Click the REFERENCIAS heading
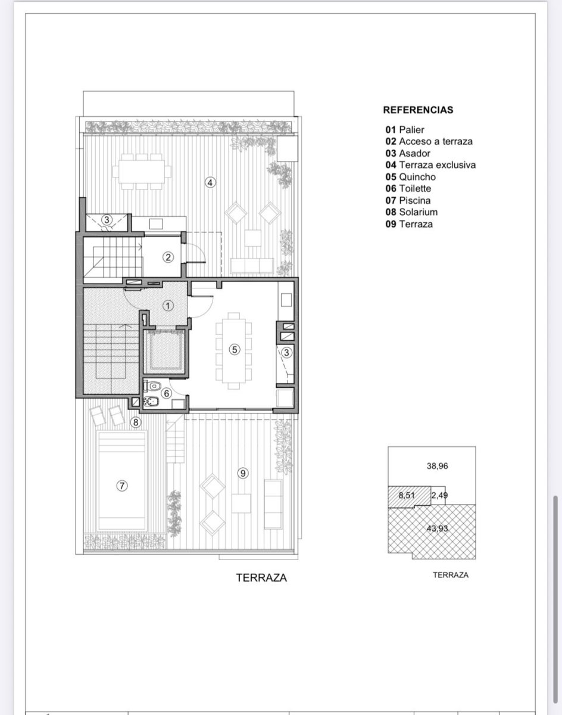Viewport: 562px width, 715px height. (x=418, y=110)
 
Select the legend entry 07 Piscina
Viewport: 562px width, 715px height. (x=408, y=200)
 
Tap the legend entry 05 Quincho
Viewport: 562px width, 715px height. (x=410, y=177)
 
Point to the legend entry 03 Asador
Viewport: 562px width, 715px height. (x=408, y=153)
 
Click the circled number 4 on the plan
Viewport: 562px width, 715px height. (x=210, y=182)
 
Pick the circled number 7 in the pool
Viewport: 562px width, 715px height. (x=122, y=486)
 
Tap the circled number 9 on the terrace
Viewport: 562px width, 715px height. (x=243, y=473)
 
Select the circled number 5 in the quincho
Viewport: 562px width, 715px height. (x=235, y=350)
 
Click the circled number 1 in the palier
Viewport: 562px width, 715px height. (x=168, y=306)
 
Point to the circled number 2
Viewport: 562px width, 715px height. (x=168, y=257)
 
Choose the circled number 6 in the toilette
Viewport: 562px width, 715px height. (x=166, y=393)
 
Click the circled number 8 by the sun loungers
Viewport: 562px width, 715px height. (x=135, y=422)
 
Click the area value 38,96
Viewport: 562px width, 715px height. (x=437, y=466)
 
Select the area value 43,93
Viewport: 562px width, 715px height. (x=437, y=529)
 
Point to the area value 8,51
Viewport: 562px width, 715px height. (x=407, y=495)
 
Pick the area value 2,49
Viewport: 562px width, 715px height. (x=439, y=495)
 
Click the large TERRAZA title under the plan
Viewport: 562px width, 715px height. (x=261, y=577)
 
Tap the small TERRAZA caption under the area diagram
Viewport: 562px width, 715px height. (x=451, y=575)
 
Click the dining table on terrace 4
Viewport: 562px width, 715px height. (x=142, y=172)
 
